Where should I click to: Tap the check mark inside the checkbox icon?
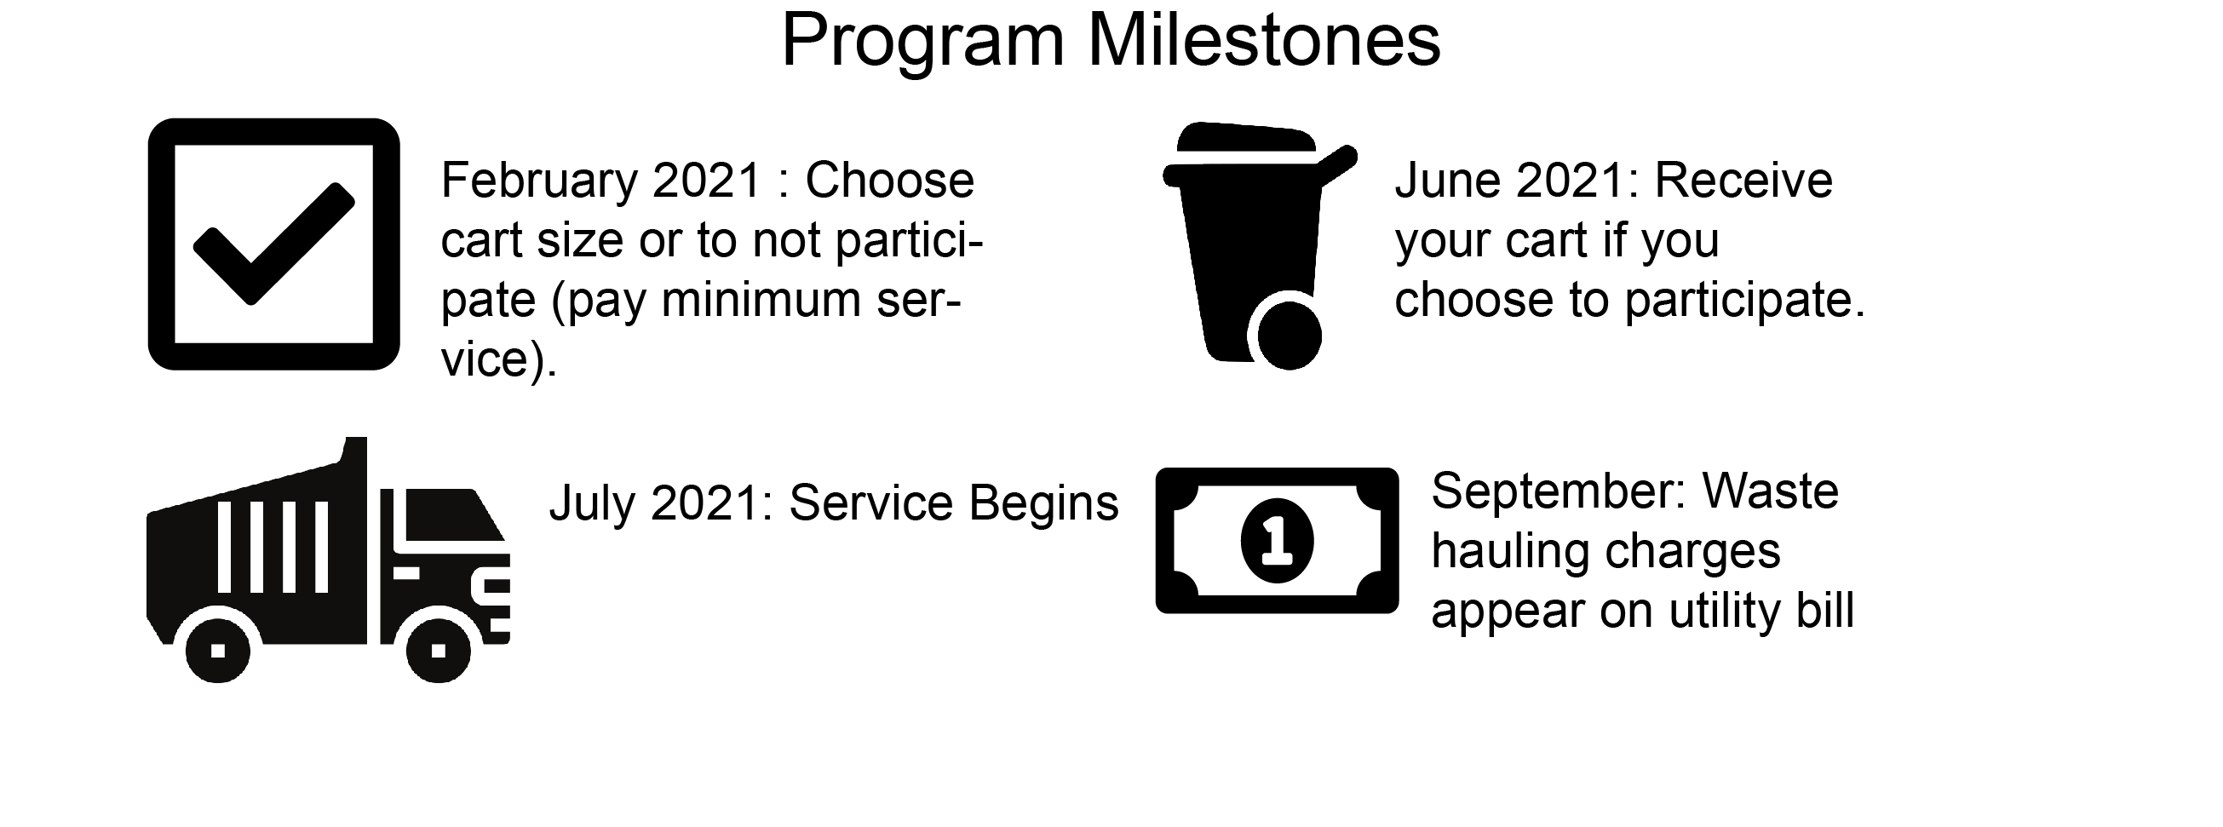[273, 244]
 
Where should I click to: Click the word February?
[538, 181]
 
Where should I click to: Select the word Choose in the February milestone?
[890, 181]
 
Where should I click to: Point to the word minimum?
[761, 300]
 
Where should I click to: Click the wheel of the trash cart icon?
[1290, 336]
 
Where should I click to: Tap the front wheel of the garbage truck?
[439, 650]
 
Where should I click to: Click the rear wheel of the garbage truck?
[218, 650]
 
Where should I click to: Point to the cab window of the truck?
[451, 514]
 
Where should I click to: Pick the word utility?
[1726, 612]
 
